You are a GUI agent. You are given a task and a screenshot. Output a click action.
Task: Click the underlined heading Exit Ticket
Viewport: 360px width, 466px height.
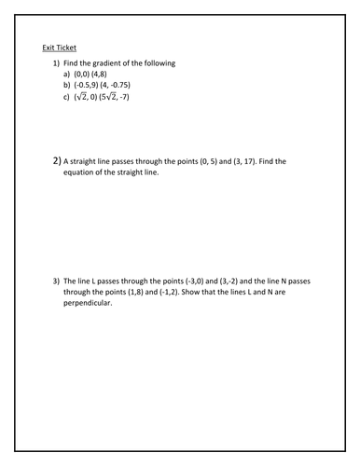(x=60, y=48)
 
